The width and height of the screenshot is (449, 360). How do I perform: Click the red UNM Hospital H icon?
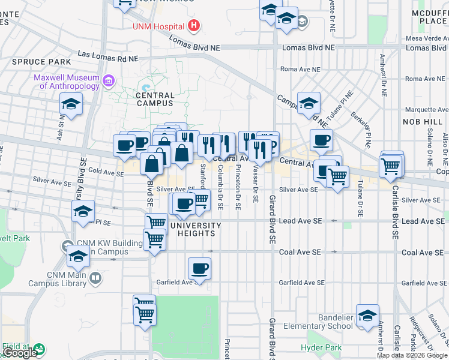pyautogui.click(x=193, y=26)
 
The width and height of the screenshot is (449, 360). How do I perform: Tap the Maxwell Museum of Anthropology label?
pyautogui.click(x=66, y=82)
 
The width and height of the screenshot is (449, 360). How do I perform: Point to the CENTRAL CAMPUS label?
pyautogui.click(x=155, y=99)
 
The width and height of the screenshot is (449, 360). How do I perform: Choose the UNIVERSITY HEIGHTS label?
pyautogui.click(x=195, y=226)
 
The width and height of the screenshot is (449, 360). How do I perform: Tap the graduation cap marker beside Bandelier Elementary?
pyautogui.click(x=367, y=316)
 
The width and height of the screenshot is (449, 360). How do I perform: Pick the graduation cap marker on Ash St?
pyautogui.click(x=71, y=104)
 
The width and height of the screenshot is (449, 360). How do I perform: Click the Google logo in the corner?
pyautogui.click(x=20, y=353)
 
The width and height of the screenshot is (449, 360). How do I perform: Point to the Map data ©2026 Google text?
pyautogui.click(x=411, y=355)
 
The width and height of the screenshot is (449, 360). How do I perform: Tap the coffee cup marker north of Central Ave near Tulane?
pyautogui.click(x=321, y=140)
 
